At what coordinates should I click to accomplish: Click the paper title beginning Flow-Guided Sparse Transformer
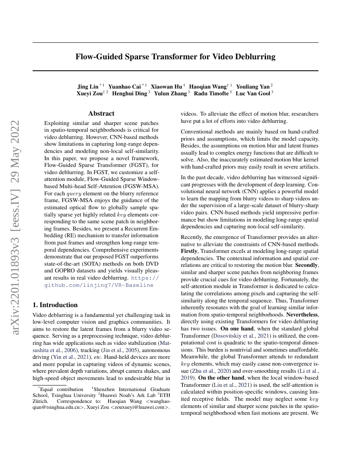coord(175,57)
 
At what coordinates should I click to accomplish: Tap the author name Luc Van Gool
coord(253,94)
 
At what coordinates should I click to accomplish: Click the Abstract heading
coord(101,114)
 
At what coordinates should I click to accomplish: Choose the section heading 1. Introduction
coord(55,305)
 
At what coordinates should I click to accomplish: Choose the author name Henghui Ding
coord(129,94)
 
